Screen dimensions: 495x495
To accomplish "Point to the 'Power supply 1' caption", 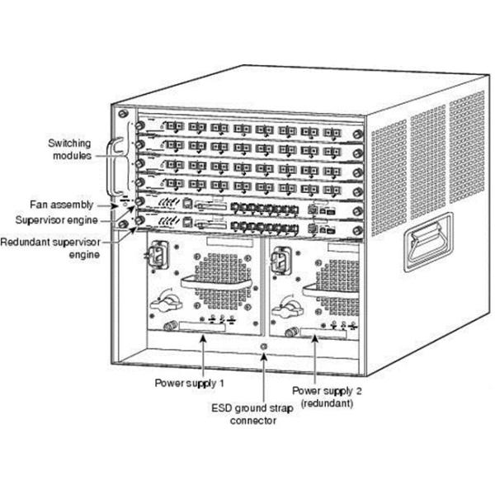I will tap(189, 384).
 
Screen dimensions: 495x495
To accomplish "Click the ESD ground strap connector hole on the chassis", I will tap(262, 346).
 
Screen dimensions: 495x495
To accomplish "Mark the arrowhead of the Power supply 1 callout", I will tap(203, 340).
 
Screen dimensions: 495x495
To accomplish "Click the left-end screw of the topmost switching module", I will tap(139, 126).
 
